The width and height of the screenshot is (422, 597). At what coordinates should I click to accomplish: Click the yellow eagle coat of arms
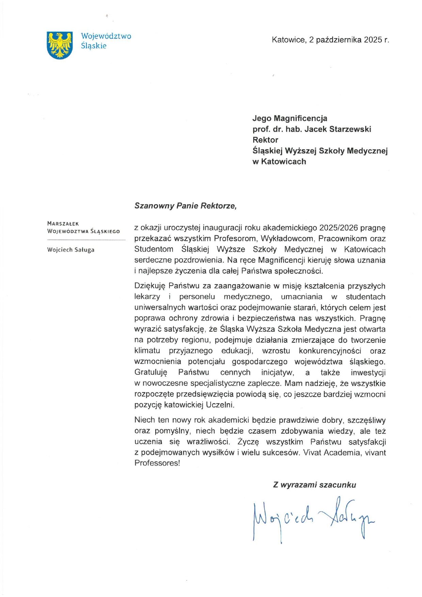tap(60, 45)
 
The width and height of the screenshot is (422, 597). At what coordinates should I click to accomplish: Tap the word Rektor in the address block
tap(265, 140)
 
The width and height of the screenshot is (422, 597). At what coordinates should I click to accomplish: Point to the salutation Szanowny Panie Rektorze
tap(185, 206)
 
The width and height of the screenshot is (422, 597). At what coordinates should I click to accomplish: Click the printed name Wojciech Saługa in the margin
tap(71, 250)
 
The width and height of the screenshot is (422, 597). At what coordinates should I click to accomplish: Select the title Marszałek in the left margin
tap(63, 224)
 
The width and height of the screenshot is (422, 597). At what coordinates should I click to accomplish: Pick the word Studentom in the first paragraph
tap(154, 249)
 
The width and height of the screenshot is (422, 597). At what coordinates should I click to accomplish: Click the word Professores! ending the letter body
tap(157, 463)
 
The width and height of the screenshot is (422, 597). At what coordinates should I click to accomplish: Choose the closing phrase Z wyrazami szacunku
tap(314, 485)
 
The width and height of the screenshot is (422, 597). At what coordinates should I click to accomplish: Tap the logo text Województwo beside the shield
tap(106, 36)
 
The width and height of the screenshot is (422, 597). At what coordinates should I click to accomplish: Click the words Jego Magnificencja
tap(290, 118)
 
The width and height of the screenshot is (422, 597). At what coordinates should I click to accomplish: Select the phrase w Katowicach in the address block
tap(279, 162)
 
